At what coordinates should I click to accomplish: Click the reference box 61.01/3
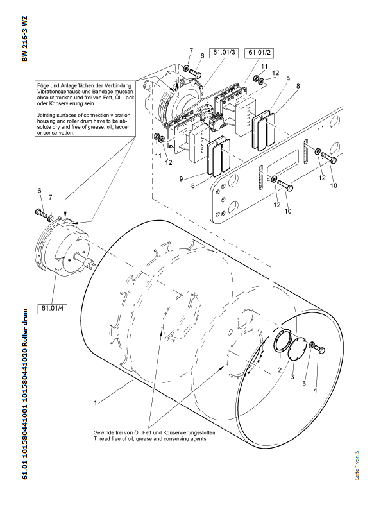225,51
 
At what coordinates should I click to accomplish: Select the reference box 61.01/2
260,51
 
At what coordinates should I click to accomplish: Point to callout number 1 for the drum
95,403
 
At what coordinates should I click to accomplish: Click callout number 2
280,371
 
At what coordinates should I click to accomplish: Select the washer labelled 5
311,347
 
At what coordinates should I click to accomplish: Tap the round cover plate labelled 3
297,352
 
